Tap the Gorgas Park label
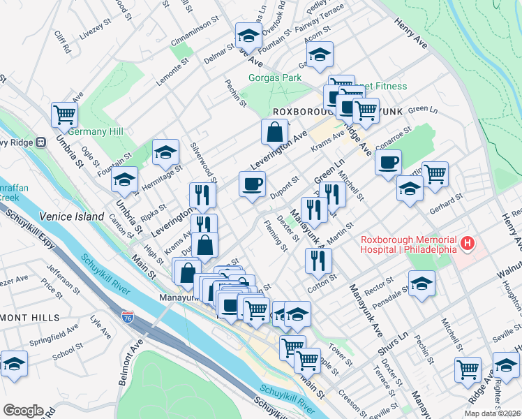pos(276,78)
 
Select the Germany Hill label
pos(96,132)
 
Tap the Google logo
pos(22,411)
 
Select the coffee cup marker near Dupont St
pos(252,184)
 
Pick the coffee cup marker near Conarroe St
pos(388,162)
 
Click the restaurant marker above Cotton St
pos(318,260)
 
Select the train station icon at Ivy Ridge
pos(41,142)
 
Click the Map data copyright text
pos(491,413)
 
